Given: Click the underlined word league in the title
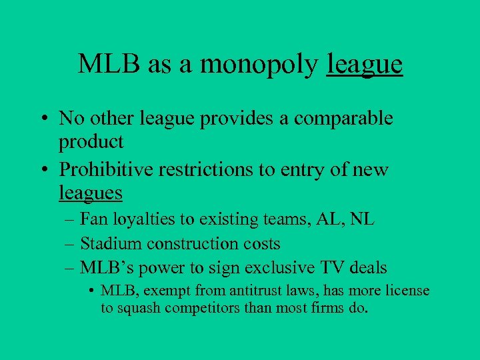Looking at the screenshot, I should click(x=365, y=64).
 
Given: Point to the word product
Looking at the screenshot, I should click(x=91, y=142).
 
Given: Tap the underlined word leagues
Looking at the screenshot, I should click(x=91, y=193).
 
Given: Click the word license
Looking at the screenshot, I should click(x=407, y=291).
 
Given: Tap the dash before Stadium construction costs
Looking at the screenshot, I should click(x=70, y=244).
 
